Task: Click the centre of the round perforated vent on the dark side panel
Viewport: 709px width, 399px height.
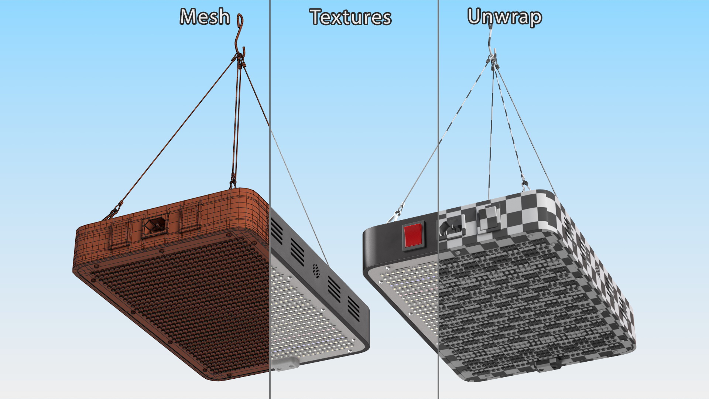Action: pyautogui.click(x=316, y=271)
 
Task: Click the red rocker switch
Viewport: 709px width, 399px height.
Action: pyautogui.click(x=413, y=235)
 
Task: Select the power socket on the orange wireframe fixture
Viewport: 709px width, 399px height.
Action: pyautogui.click(x=155, y=225)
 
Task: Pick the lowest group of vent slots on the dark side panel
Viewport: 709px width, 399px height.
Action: pyautogui.click(x=353, y=308)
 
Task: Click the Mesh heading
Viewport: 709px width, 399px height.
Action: pyautogui.click(x=205, y=17)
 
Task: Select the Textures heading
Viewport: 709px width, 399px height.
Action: pyautogui.click(x=350, y=17)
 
